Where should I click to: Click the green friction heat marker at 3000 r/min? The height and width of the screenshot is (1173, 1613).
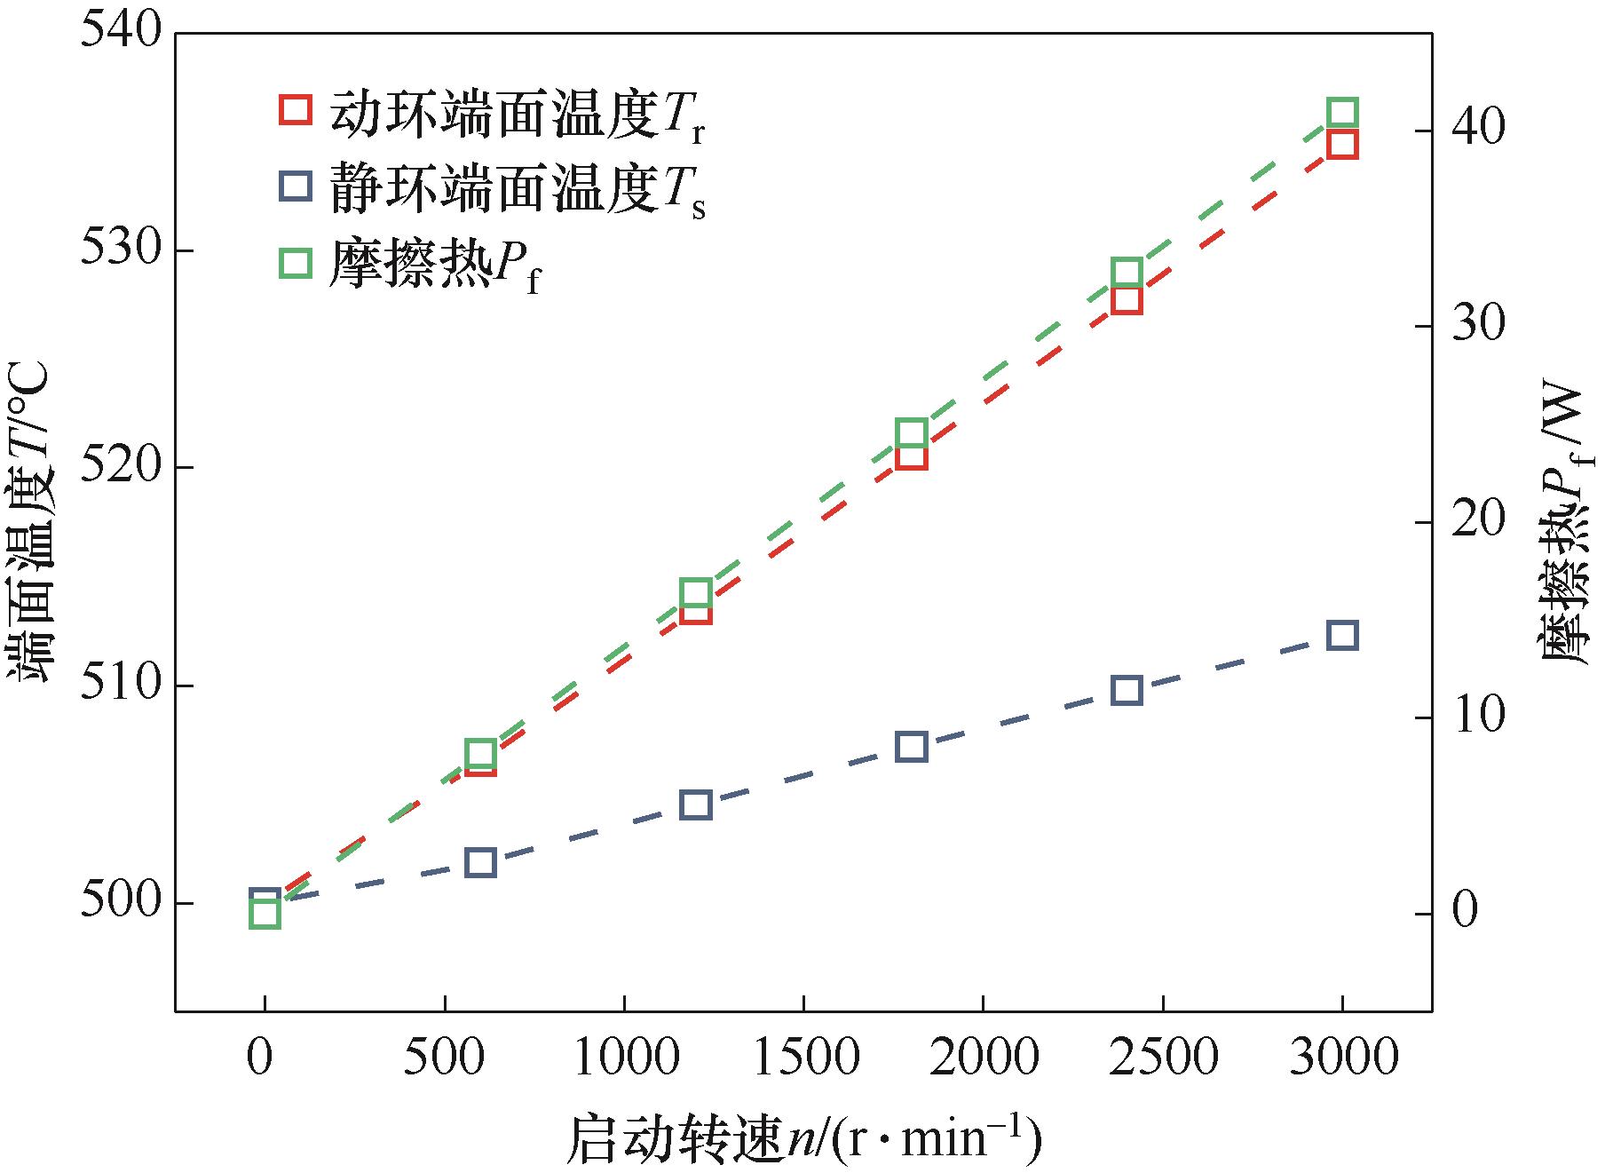tap(1342, 114)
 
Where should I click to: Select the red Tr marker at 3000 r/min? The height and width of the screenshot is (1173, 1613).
tap(1342, 145)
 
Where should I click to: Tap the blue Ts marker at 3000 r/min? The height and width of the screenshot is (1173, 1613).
tap(1342, 636)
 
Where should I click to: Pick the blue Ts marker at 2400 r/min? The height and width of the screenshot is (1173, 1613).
tap(1127, 690)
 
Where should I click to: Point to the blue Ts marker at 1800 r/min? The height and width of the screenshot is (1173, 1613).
tap(912, 747)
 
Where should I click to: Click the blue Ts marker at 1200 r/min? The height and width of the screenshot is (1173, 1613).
tap(695, 804)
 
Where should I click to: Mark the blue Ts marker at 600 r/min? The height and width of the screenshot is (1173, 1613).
tap(480, 862)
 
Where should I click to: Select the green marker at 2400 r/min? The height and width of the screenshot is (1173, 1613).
tap(1127, 273)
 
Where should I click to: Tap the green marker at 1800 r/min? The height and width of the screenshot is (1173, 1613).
tap(912, 433)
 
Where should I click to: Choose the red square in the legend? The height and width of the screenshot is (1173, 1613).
tap(295, 109)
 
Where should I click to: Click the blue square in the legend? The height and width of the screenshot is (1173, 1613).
tap(295, 186)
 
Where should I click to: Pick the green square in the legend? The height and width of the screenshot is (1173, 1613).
tap(295, 264)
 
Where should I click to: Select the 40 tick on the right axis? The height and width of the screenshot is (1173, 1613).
tap(1478, 131)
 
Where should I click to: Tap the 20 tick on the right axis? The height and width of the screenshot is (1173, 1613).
tap(1478, 522)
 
